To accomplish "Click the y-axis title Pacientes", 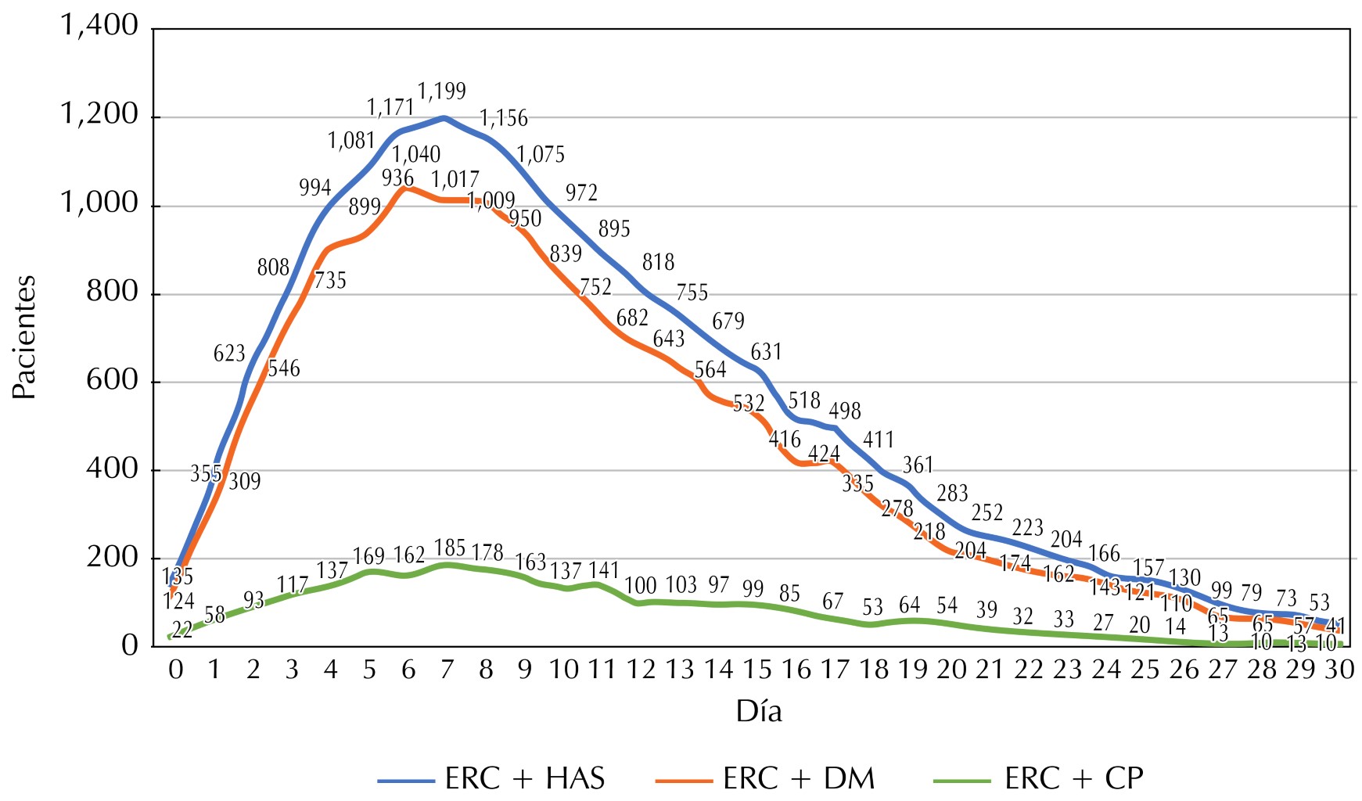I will tap(25, 337).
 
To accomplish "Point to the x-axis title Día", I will tap(758, 712).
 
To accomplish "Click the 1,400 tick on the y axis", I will tap(99, 26).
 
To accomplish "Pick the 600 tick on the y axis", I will tap(112, 381).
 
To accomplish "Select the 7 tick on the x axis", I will tap(447, 670).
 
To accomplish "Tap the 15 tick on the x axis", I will tap(756, 670).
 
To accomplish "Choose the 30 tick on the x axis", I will tap(1339, 670).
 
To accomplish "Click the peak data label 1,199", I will tap(442, 92).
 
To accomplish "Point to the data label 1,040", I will tap(416, 154).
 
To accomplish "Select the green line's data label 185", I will tap(450, 548).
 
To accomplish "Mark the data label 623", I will tap(229, 354).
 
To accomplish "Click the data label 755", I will tap(692, 293).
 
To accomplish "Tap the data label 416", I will tap(785, 440).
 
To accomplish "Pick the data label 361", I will tap(918, 465).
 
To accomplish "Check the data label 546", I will tap(283, 368).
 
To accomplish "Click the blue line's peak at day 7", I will tap(444, 118).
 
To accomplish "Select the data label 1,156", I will tap(504, 118).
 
